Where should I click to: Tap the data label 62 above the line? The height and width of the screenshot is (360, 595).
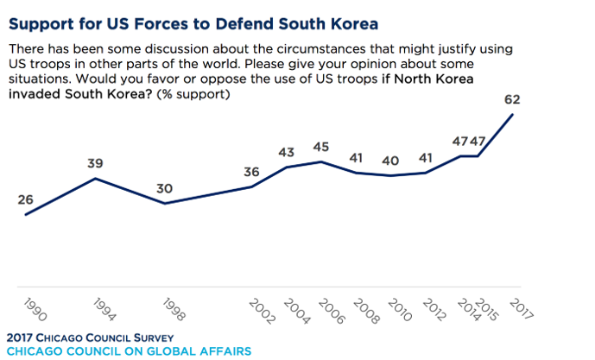tap(514, 99)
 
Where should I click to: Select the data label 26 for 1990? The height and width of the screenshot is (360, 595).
tap(25, 200)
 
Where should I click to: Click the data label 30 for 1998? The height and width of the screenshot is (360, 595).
tap(164, 189)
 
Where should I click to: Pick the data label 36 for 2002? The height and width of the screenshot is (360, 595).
tap(251, 172)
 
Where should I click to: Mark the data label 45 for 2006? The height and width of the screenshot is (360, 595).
tap(320, 147)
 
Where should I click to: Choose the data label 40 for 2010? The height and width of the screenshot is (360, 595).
tap(390, 161)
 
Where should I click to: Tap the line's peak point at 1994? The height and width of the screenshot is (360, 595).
tap(95, 178)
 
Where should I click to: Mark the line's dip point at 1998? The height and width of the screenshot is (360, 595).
tap(164, 204)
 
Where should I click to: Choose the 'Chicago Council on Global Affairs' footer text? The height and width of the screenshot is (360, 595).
tap(128, 351)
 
